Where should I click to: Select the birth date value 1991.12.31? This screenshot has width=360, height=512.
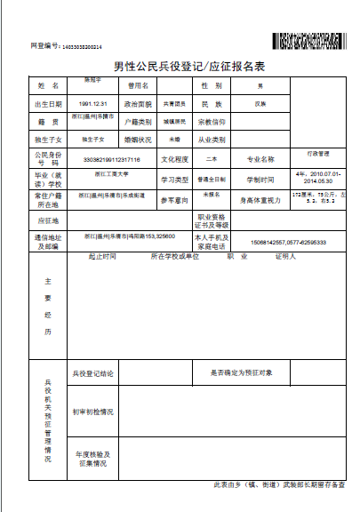(x=92, y=104)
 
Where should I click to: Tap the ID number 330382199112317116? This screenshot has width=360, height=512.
(x=111, y=159)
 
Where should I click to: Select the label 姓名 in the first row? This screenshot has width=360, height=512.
(x=47, y=86)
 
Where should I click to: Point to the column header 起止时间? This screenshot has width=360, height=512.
(x=102, y=257)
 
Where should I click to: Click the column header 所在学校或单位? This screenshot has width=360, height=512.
(x=175, y=257)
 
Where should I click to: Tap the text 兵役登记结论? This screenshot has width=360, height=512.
(x=94, y=373)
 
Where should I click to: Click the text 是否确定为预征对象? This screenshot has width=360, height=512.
(x=247, y=373)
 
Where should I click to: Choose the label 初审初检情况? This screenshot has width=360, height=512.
(x=92, y=412)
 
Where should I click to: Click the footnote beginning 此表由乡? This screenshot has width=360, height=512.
(x=278, y=485)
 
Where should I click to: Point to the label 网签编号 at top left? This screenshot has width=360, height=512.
(x=44, y=45)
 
